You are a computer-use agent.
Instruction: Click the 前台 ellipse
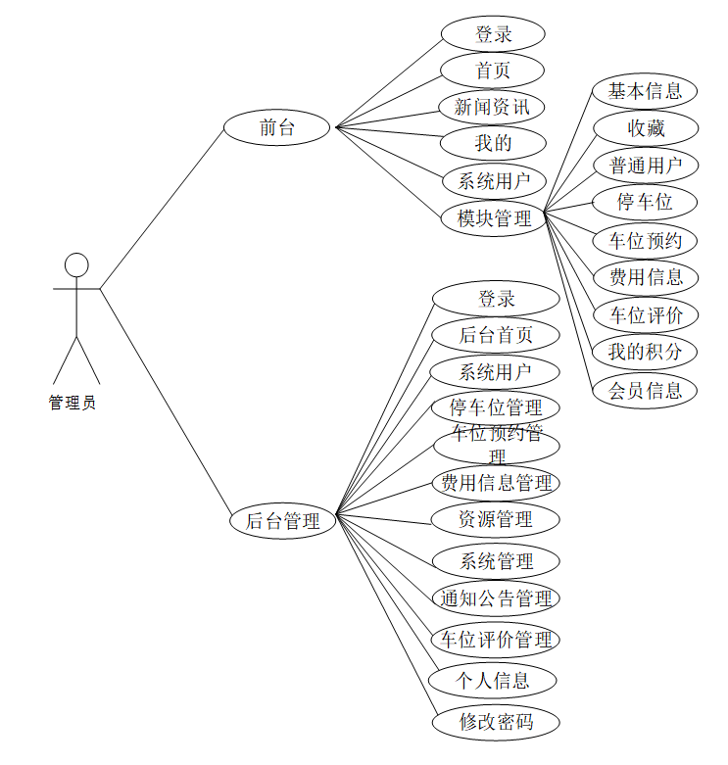(277, 127)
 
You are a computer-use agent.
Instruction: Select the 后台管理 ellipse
(282, 521)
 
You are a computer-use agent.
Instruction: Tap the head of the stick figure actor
(76, 264)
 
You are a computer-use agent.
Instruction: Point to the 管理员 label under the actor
(73, 403)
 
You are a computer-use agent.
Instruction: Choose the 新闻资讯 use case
(492, 107)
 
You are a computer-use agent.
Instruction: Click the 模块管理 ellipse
(494, 217)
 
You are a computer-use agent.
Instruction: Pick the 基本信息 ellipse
(645, 91)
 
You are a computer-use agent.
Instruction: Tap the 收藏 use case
(645, 128)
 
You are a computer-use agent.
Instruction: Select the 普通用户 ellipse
(645, 165)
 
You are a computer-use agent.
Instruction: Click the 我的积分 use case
(645, 352)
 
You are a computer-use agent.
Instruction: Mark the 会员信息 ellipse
(645, 390)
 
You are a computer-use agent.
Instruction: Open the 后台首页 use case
(496, 335)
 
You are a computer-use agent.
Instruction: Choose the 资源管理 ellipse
(496, 519)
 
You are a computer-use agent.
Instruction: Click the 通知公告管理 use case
(496, 598)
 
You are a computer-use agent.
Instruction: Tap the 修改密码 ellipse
(496, 723)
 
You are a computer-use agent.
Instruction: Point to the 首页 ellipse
(492, 70)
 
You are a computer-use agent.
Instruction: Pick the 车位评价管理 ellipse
(496, 640)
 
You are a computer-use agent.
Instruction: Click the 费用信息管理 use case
(496, 482)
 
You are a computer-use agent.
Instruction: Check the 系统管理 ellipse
(496, 561)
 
